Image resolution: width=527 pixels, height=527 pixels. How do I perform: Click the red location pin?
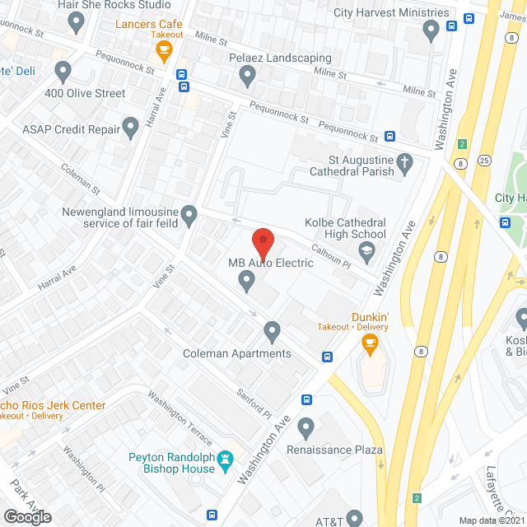coord(262,244)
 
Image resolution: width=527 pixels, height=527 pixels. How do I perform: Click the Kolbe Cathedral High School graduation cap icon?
coord(367,250)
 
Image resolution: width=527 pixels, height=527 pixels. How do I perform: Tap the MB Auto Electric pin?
coord(246,282)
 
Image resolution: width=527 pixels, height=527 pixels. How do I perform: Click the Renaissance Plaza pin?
coord(306,427)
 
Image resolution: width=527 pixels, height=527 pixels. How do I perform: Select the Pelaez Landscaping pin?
coord(247,77)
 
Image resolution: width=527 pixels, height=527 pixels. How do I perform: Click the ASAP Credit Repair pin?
coord(130,127)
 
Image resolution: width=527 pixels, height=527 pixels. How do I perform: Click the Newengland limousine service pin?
coord(190,216)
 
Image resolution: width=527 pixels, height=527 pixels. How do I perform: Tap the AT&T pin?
coord(354,518)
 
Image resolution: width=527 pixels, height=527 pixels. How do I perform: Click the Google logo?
coord(27,516)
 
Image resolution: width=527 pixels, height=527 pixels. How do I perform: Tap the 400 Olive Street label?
coord(86,93)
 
